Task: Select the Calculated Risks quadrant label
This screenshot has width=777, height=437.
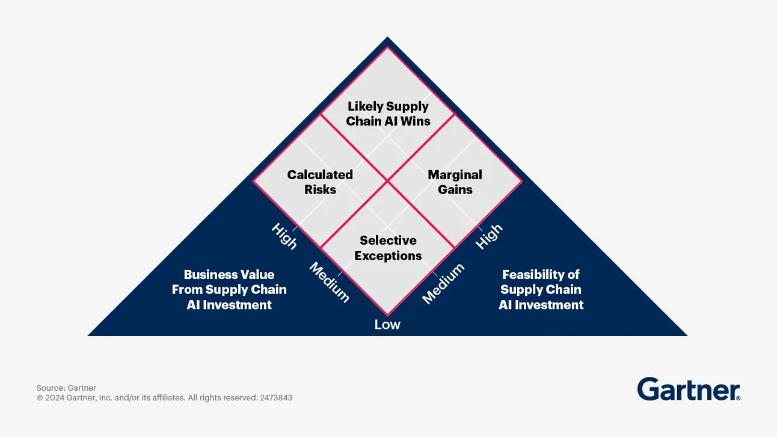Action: [x=320, y=182]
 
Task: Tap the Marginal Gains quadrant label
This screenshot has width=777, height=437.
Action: [x=455, y=182]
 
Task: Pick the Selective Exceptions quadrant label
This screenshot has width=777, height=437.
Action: [x=388, y=248]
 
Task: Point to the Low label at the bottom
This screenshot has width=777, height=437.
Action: [x=387, y=325]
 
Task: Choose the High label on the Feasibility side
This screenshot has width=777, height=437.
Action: [x=489, y=236]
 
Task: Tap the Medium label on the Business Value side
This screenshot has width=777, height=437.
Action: [x=329, y=283]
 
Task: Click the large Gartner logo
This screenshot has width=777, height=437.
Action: [x=688, y=390]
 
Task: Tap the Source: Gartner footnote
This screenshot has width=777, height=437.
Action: [x=66, y=388]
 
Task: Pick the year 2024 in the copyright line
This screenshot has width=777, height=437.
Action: [x=55, y=398]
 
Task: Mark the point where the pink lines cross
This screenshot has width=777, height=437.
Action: [x=387, y=180]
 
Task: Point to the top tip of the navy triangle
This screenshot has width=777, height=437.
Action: [x=388, y=38]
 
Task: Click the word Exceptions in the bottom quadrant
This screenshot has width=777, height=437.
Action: [x=388, y=255]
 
